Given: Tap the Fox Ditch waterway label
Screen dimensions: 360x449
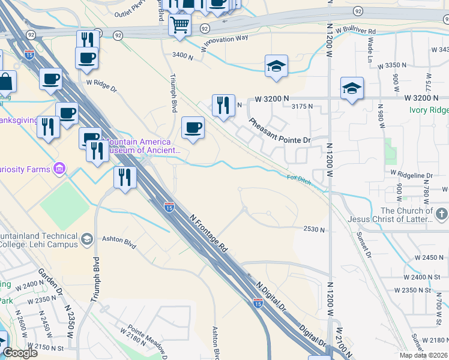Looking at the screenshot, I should (298, 179).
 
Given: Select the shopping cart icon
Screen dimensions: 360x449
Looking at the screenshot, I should (179, 26).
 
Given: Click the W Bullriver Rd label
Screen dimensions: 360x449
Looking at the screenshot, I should (356, 30).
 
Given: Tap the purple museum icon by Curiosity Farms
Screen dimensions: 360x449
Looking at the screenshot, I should (59, 169).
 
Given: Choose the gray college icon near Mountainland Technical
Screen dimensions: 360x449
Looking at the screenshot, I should (86, 239).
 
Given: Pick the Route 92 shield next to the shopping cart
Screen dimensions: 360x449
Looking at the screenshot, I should (204, 28).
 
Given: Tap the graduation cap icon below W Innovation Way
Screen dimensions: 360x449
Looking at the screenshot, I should (276, 66).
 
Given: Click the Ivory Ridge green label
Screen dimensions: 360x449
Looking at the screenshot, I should (429, 110).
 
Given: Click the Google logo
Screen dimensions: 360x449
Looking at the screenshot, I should (20, 352).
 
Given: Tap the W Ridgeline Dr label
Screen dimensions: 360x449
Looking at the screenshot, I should (411, 174).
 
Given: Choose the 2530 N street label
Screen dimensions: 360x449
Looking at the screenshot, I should (314, 229).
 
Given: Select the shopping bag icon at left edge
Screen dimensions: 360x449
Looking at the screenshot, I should (5, 81).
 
